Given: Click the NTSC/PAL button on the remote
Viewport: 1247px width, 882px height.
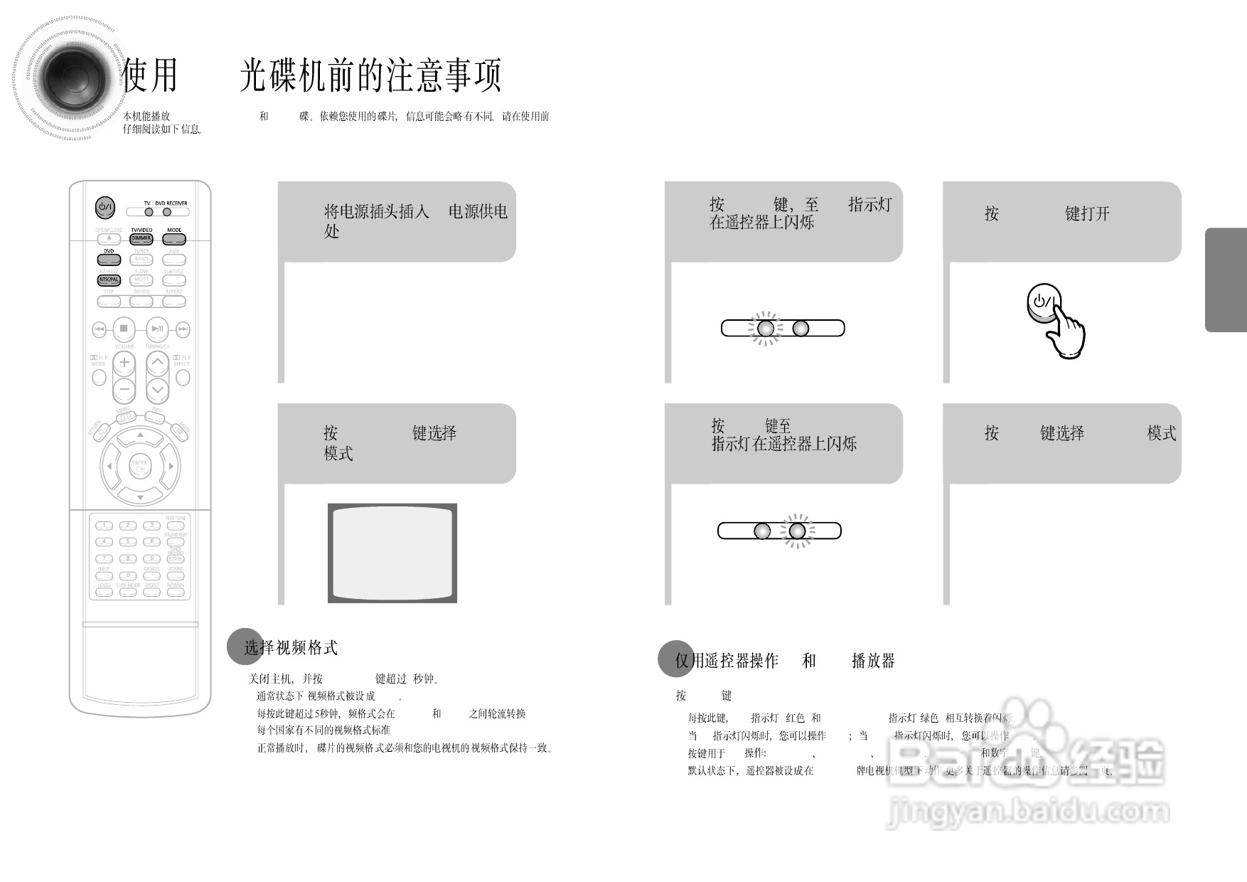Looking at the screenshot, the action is pyautogui.click(x=109, y=280).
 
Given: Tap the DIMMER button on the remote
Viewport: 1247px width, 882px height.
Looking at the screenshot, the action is pyautogui.click(x=141, y=239).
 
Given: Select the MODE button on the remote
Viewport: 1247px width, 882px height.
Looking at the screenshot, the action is pyautogui.click(x=174, y=239).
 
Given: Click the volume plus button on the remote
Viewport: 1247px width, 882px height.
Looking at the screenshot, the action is pyautogui.click(x=124, y=362).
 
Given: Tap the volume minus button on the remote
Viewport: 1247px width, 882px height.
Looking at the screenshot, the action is pyautogui.click(x=124, y=389).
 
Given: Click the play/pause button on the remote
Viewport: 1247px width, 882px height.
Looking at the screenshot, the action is pyautogui.click(x=157, y=329).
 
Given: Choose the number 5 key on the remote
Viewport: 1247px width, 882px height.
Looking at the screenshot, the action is pyautogui.click(x=128, y=542).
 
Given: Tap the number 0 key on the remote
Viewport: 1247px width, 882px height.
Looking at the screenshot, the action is pyautogui.click(x=128, y=576).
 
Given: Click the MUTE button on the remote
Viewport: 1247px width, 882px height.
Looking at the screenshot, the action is pyautogui.click(x=181, y=431).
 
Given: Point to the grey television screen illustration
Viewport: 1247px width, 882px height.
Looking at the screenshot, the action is pyautogui.click(x=392, y=553).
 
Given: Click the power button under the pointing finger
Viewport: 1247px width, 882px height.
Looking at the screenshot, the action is pyautogui.click(x=1041, y=302).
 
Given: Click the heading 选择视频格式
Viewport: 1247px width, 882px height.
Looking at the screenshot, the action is pyautogui.click(x=291, y=648).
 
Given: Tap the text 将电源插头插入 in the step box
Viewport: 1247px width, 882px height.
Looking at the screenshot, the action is pyautogui.click(x=377, y=211).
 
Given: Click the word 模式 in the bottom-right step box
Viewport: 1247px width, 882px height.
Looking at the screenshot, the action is pyautogui.click(x=1161, y=433).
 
